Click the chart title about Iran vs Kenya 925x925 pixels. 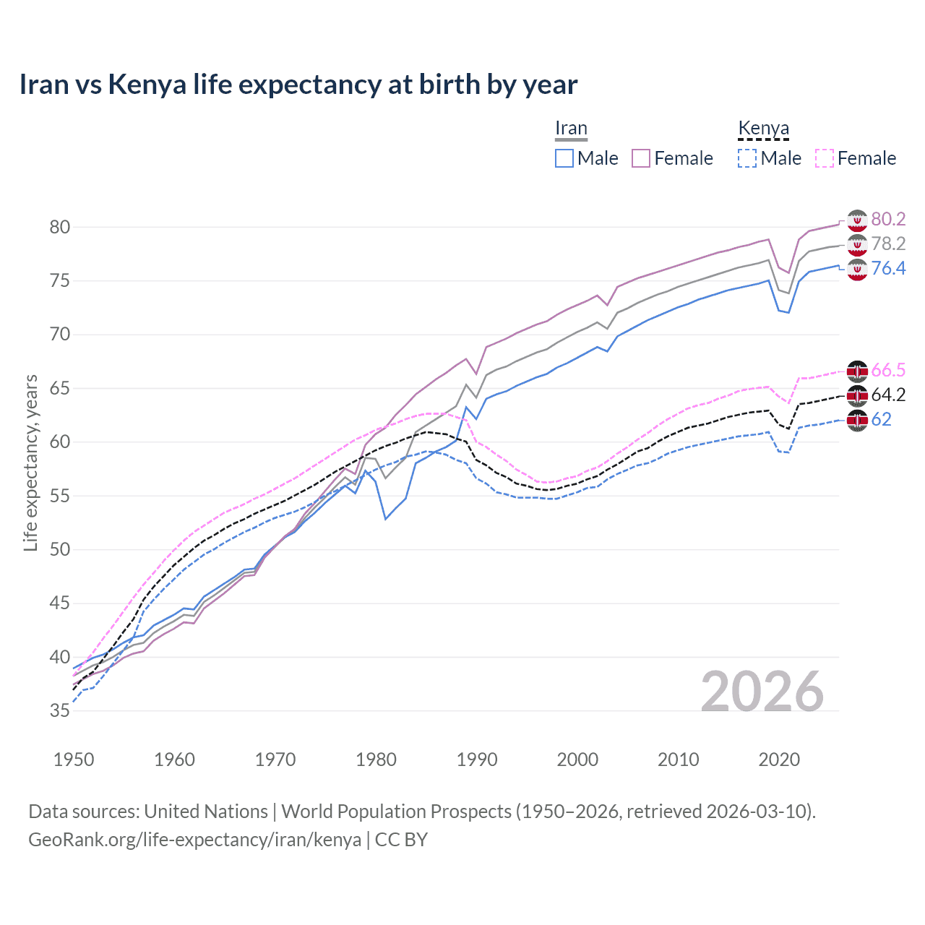[x=298, y=85]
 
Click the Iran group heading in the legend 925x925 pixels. [x=571, y=129]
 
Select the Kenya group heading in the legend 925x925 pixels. [x=763, y=129]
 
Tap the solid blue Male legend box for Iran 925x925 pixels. [x=564, y=158]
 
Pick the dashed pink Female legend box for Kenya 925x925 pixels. [x=825, y=158]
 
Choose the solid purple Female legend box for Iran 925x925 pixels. [x=642, y=158]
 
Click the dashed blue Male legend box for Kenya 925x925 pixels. [x=747, y=158]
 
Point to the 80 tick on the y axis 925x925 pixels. [x=60, y=227]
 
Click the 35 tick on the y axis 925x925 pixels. [x=60, y=711]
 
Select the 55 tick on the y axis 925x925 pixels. [x=60, y=496]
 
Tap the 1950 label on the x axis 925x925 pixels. [x=74, y=760]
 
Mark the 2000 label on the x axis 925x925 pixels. [x=577, y=760]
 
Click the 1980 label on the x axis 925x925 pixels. [x=376, y=760]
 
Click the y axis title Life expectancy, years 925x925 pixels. [x=30, y=462]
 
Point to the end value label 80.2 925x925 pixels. [x=888, y=220]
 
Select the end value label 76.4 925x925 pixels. [x=888, y=269]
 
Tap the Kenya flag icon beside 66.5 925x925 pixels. [x=857, y=371]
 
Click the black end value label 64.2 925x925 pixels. [x=888, y=395]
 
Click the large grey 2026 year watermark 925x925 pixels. [x=762, y=692]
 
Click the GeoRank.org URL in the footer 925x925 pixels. [x=194, y=840]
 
